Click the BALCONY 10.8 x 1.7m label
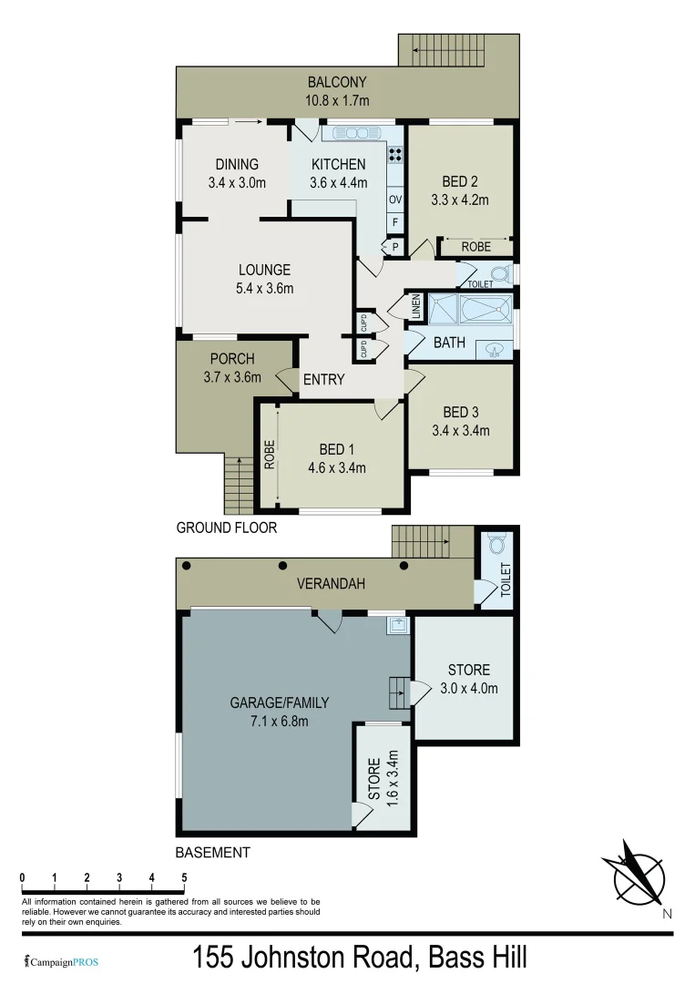[338, 92]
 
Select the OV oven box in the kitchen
[395, 200]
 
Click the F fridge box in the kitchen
[395, 221]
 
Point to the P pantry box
[395, 245]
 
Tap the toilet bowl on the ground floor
[501, 273]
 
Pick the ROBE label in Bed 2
[475, 247]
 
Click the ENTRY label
[323, 379]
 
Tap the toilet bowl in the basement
[498, 544]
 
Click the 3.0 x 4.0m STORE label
[468, 680]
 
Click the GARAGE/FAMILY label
[279, 711]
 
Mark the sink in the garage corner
[397, 625]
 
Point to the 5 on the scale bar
[184, 877]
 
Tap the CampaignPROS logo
[62, 961]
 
